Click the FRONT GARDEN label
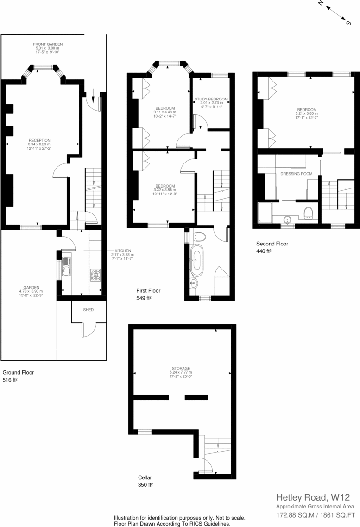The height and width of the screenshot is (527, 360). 48,44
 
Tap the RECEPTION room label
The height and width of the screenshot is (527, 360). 39,140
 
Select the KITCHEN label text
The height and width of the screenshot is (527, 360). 123,251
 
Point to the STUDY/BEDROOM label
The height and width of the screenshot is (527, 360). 211,99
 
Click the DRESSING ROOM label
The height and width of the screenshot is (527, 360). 296,174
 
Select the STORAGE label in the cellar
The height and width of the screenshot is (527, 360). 181,369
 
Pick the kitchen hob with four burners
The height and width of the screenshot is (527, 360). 96,275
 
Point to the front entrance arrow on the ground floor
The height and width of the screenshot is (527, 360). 93,99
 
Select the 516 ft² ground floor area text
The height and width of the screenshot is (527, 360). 10,380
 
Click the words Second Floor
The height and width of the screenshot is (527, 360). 272,244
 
